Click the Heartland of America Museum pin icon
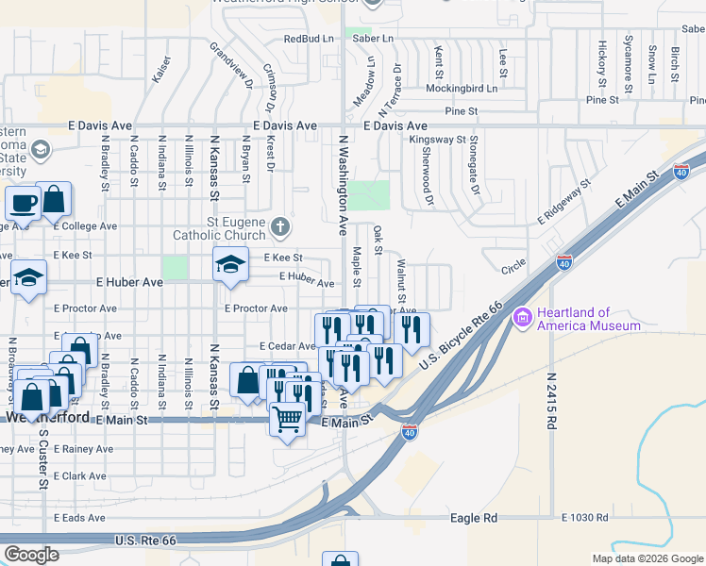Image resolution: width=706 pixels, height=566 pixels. click(x=522, y=319)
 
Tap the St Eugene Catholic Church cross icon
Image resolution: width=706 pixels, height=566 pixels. click(x=279, y=226)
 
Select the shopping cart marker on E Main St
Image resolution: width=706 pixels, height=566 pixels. click(x=288, y=418)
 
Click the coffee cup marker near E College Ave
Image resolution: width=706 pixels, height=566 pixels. click(x=23, y=202)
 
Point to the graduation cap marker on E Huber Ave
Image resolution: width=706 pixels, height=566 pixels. click(x=230, y=265)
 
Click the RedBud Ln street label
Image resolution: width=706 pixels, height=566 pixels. click(x=310, y=39)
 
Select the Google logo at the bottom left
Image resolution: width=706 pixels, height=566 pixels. click(x=31, y=555)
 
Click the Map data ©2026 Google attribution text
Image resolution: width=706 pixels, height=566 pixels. click(x=647, y=558)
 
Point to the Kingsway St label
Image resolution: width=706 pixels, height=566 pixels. click(x=440, y=140)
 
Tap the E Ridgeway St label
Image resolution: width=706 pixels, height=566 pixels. click(x=563, y=202)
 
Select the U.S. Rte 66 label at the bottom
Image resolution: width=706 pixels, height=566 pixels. click(x=145, y=541)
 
